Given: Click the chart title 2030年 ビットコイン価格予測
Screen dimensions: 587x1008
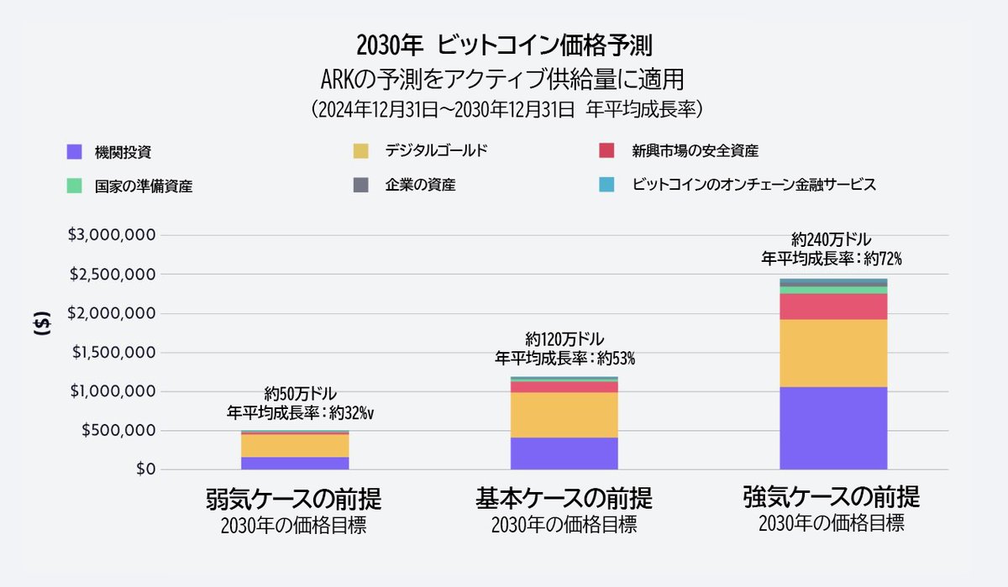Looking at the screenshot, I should click(504, 45).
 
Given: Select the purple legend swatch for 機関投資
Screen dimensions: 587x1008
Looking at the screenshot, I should click(74, 152).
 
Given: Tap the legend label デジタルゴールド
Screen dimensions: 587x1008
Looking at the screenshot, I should click(436, 151).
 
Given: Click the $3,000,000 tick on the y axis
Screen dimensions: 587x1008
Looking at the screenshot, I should click(111, 235).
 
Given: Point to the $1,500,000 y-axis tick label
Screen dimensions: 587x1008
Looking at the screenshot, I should click(111, 353).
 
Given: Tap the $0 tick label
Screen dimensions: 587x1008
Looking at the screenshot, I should click(140, 469).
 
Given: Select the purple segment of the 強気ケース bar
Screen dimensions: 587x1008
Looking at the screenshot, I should click(832, 427).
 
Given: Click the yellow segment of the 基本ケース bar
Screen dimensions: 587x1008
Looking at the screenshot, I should click(564, 415).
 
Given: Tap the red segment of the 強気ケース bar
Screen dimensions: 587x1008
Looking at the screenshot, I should click(832, 307).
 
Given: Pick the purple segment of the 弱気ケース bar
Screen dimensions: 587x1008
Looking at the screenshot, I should click(294, 463).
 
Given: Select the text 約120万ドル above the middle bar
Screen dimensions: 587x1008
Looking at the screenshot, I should click(564, 339).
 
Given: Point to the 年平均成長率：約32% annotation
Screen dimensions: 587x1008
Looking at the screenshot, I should click(299, 412).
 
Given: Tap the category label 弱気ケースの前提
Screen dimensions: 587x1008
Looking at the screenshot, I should click(294, 500).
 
